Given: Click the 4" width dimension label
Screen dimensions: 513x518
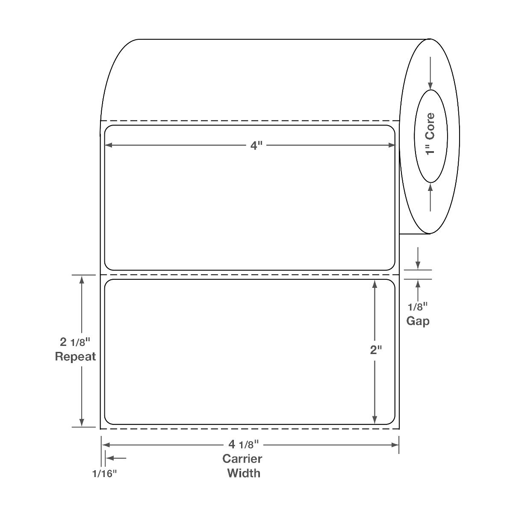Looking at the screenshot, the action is (256, 146).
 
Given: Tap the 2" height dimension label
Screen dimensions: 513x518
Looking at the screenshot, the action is (376, 350).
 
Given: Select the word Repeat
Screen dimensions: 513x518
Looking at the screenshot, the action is (75, 357).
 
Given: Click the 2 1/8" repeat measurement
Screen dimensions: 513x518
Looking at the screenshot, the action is (75, 342).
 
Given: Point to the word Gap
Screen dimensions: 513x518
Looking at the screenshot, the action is (418, 321).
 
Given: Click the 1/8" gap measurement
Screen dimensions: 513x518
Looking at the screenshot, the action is (418, 307).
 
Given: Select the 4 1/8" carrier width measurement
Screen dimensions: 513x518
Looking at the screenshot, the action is (243, 445).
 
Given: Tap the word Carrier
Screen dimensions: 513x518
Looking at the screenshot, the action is (242, 459).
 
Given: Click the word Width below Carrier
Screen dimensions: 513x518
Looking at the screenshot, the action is (244, 474).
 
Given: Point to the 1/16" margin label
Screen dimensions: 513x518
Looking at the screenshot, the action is (105, 474).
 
